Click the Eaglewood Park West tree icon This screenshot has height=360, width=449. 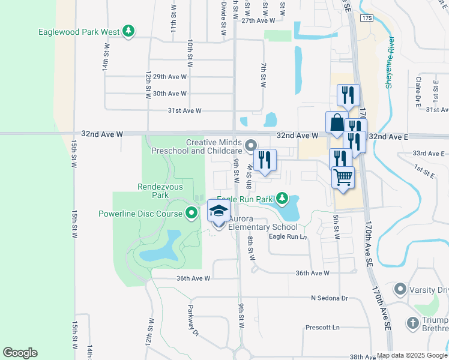click(127, 31)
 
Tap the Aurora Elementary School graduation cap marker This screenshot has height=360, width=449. click(218, 211)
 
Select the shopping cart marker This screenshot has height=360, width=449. click(343, 177)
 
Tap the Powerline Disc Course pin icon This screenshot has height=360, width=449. click(191, 213)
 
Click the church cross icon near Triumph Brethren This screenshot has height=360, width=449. click(412, 323)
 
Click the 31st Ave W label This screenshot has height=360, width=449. click(184, 111)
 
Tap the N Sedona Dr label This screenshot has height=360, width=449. click(329, 298)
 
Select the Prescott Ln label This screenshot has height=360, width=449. click(322, 328)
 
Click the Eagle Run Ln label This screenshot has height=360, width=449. click(288, 237)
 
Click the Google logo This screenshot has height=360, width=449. click(20, 353)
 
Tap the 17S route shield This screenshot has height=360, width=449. click(367, 19)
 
